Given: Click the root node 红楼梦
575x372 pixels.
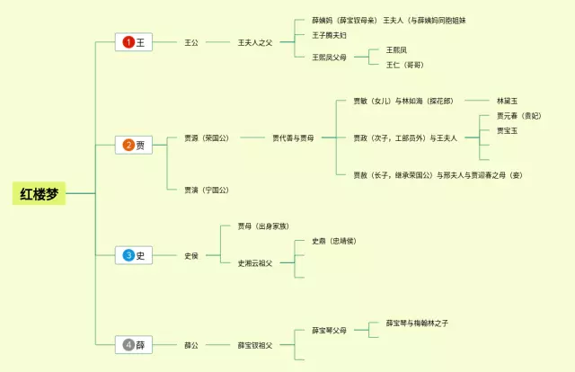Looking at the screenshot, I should tap(40, 192).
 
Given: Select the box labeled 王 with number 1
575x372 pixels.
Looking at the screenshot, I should tap(134, 42).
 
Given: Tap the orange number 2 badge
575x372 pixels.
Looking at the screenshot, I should tap(128, 145).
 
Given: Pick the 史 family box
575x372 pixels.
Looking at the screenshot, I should tap(134, 255).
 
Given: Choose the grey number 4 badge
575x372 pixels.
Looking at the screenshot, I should tap(128, 344).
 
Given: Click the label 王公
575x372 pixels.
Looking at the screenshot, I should tap(191, 42).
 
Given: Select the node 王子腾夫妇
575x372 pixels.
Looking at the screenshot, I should tap(330, 35).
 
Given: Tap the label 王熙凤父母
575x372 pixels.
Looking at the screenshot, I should tap(330, 57).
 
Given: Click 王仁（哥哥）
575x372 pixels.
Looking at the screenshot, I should tap(404, 65).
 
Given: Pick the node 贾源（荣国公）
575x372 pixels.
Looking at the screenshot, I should tap(206, 138).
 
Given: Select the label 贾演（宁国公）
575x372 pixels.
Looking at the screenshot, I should tap(206, 190).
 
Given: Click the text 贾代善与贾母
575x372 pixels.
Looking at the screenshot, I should tap(294, 138).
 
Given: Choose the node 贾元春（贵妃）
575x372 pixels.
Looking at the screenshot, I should tap(519, 116).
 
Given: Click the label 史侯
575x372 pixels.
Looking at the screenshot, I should tap(191, 255).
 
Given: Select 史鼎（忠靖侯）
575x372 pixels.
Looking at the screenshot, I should tap(333, 241).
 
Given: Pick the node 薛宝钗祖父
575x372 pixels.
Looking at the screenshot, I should tap(255, 344).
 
